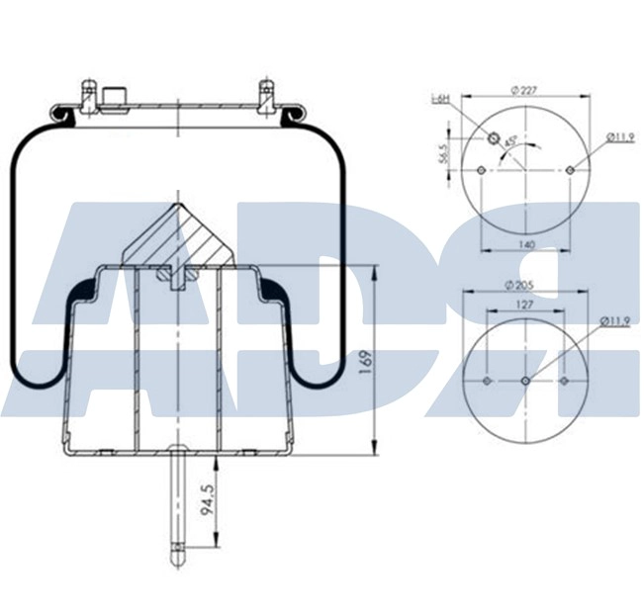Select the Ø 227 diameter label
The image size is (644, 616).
click(x=524, y=90)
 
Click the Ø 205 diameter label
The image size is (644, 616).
click(x=524, y=285)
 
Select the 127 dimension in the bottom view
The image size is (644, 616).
click(x=524, y=306)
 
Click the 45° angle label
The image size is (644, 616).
click(x=509, y=142)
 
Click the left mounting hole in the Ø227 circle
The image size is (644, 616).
click(x=481, y=170)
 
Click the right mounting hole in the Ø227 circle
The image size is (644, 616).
click(x=570, y=170)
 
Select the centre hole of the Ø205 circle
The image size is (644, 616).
click(x=524, y=381)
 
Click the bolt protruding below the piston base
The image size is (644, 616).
click(x=177, y=504)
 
